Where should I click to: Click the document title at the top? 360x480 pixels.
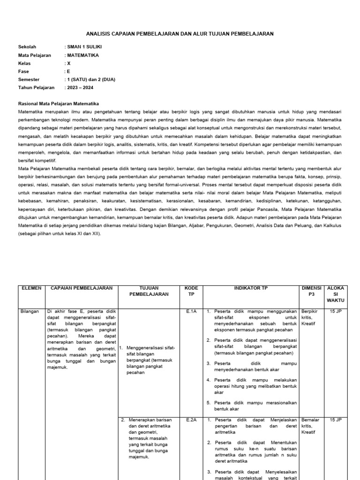tap(180, 34)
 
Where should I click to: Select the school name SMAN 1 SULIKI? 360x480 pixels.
tap(84, 47)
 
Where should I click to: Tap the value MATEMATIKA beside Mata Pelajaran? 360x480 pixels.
tap(82, 55)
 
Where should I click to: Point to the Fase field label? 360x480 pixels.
tap(23, 71)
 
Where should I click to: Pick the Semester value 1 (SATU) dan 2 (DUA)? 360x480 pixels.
tap(90, 79)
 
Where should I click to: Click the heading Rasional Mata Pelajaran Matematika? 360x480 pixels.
tap(59, 104)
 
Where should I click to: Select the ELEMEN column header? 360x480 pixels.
tap(31, 288)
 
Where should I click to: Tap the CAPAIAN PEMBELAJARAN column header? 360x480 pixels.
tap(82, 288)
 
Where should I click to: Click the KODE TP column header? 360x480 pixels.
tap(192, 291)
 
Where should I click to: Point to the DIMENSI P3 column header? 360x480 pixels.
tap(312, 291)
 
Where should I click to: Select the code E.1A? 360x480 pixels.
tap(191, 311)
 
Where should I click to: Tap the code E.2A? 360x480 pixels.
tap(191, 420)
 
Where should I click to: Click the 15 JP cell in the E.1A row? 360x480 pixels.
tap(335, 311)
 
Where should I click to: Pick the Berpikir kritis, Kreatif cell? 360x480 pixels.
tap(310, 317)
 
